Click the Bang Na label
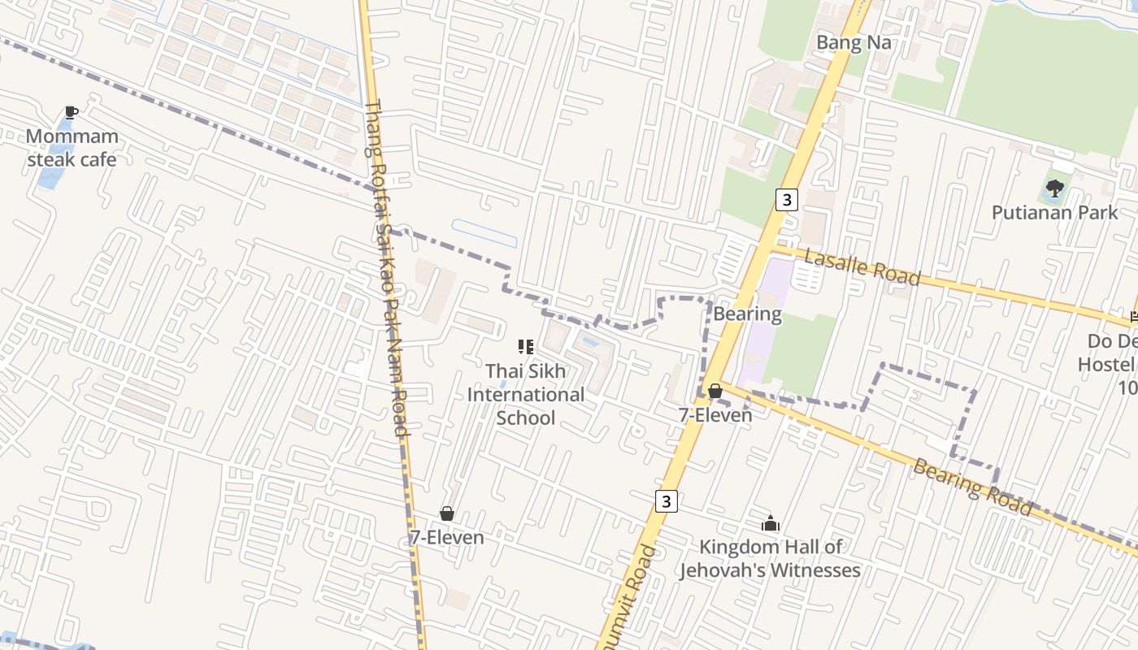pyautogui.click(x=853, y=42)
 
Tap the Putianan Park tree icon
pyautogui.click(x=1055, y=189)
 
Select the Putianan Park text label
pyautogui.click(x=1055, y=213)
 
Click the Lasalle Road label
pyautogui.click(x=862, y=267)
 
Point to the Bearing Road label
pyautogui.click(x=972, y=487)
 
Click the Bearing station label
pyautogui.click(x=747, y=314)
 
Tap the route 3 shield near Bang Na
pyautogui.click(x=786, y=199)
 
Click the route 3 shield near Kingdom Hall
pyautogui.click(x=667, y=500)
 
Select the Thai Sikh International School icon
pyautogui.click(x=526, y=348)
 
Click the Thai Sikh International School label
pyautogui.click(x=526, y=394)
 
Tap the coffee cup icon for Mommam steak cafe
pyautogui.click(x=72, y=113)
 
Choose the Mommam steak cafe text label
pyautogui.click(x=72, y=147)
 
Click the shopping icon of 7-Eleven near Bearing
pyautogui.click(x=715, y=392)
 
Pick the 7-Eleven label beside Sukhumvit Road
pyautogui.click(x=715, y=414)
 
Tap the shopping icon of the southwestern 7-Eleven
pyautogui.click(x=446, y=513)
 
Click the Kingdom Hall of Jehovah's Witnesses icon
pyautogui.click(x=770, y=523)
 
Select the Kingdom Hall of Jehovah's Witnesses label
pyautogui.click(x=770, y=558)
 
